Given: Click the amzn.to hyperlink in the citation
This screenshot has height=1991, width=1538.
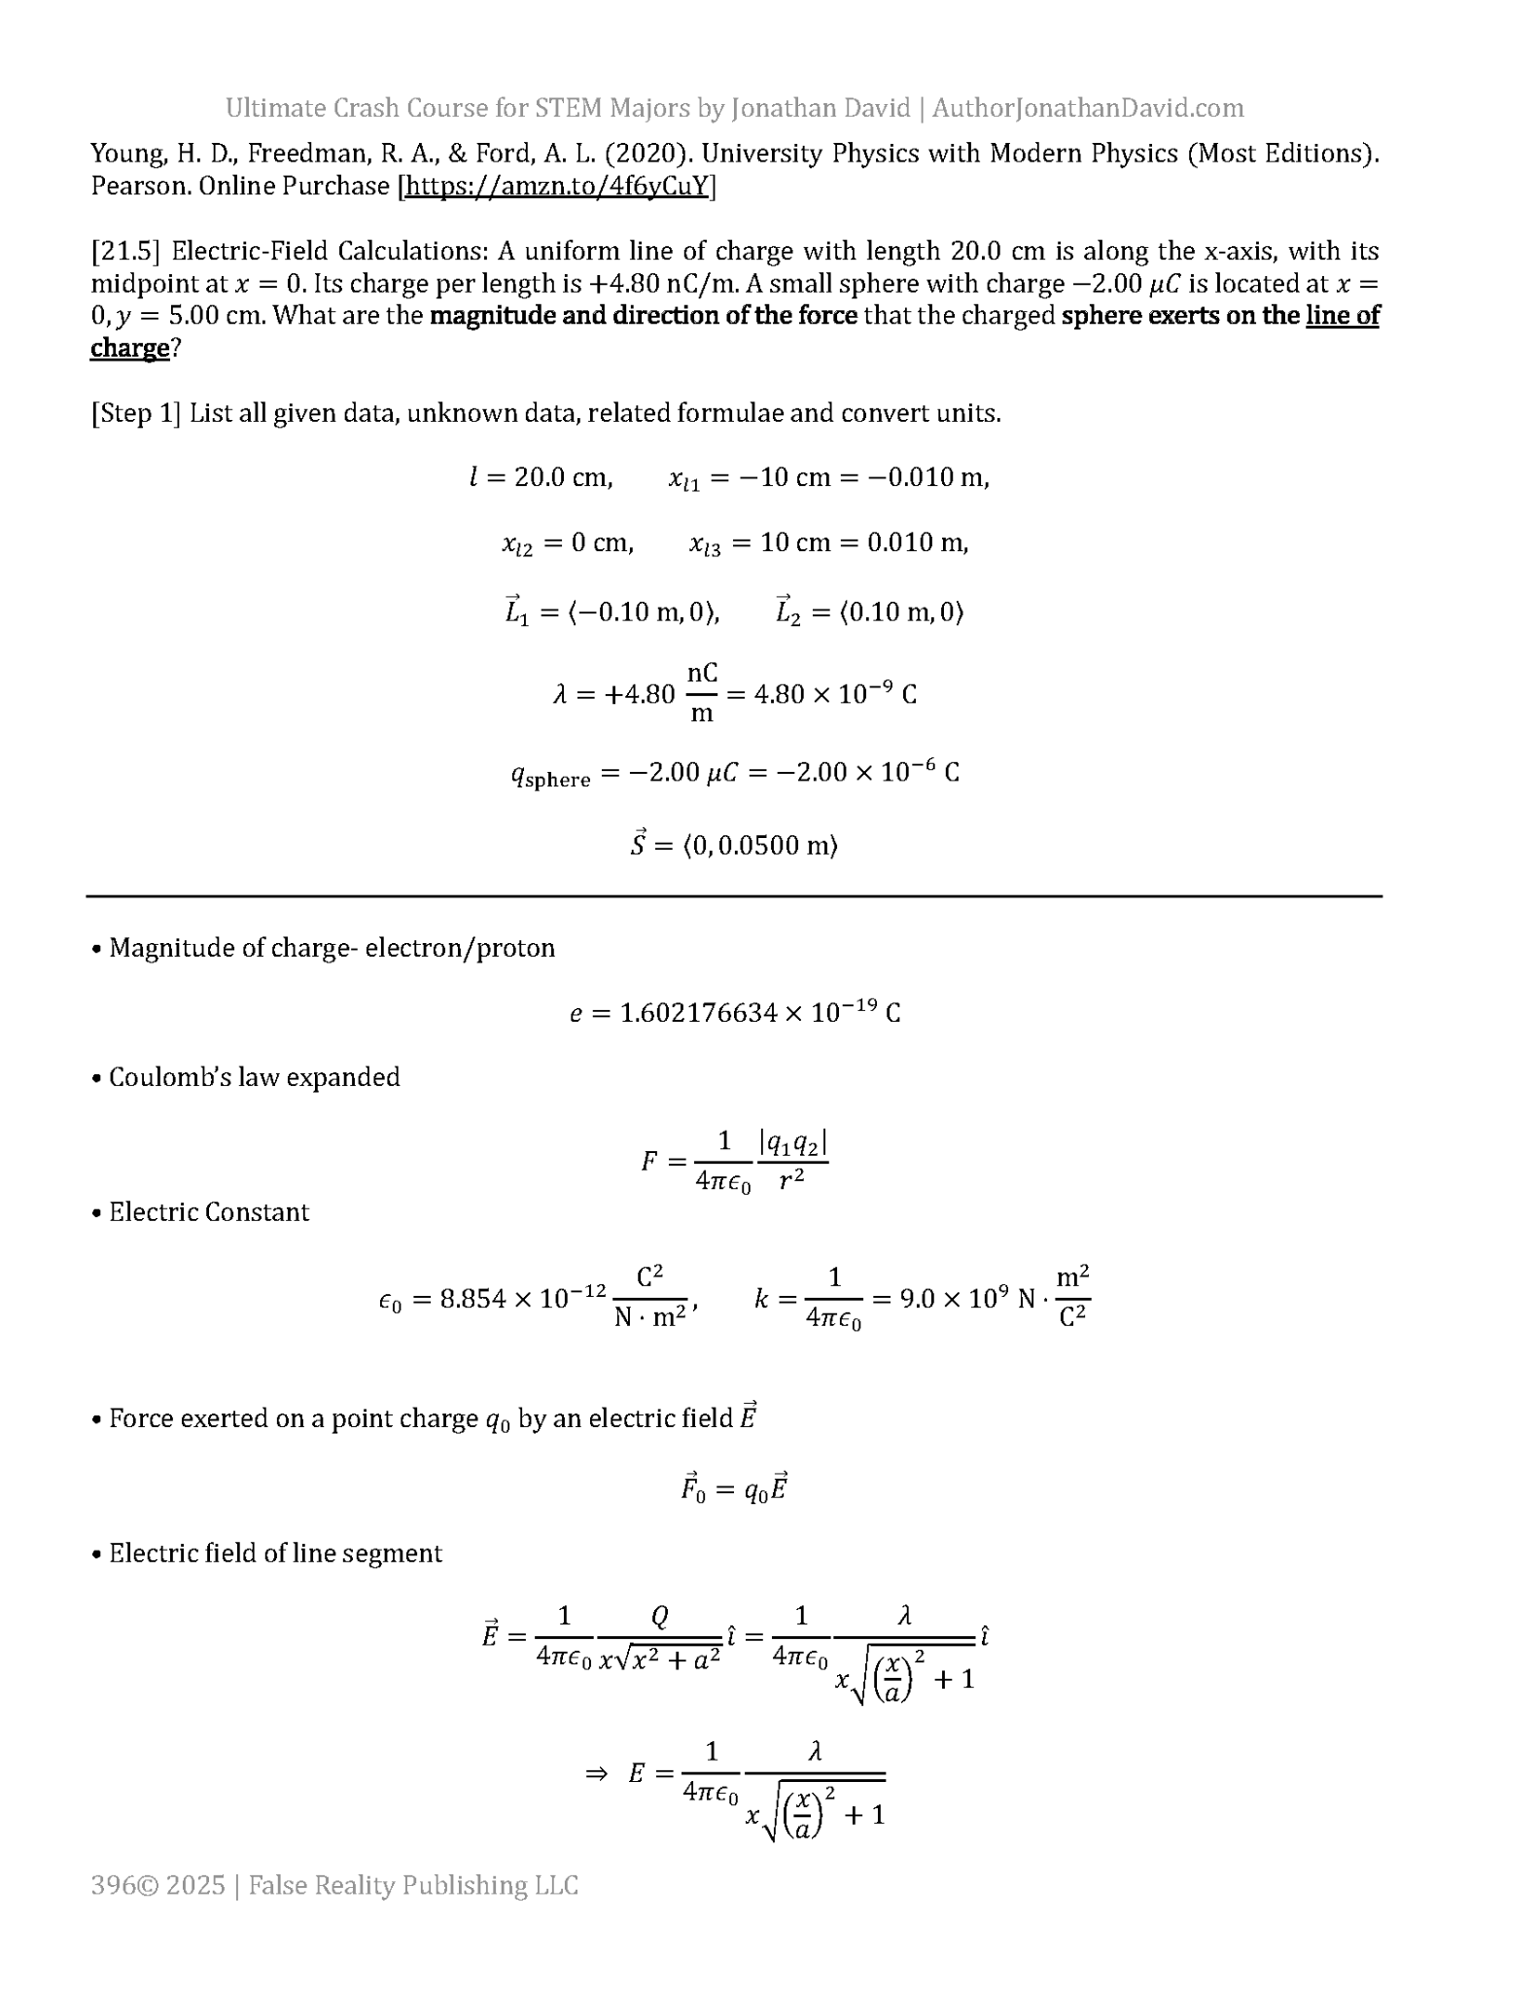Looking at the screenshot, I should click(556, 186).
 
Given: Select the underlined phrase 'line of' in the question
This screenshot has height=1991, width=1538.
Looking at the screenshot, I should click(1342, 315).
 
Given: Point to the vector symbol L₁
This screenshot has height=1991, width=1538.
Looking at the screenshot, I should click(516, 611).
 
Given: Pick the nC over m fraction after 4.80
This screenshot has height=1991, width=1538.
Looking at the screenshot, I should click(702, 692).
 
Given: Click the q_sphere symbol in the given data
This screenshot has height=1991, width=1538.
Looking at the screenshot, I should click(550, 775).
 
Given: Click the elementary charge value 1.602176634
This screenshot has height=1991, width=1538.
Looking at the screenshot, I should click(699, 1013).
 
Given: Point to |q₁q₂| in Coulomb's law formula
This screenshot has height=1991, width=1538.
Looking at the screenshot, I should click(792, 1143).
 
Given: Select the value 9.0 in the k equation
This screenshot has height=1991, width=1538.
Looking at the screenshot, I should click(918, 1299).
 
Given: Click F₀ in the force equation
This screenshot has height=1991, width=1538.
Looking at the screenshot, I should click(693, 1488).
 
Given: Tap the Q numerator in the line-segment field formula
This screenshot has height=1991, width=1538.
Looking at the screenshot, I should click(659, 1616).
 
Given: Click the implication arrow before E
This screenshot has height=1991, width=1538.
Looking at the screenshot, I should click(596, 1772).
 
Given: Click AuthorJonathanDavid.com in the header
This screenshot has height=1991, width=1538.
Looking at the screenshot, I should click(1088, 108).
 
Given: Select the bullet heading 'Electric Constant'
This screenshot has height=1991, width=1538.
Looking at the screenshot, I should click(208, 1212).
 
